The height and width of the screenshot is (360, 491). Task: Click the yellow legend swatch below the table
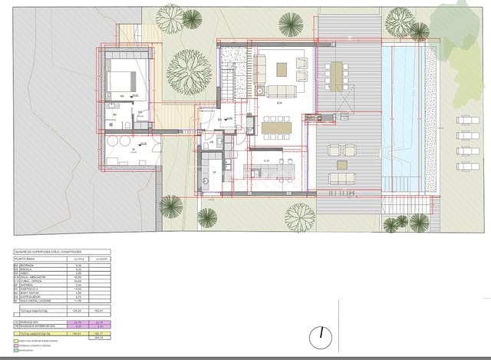pyautogui.click(x=15, y=339)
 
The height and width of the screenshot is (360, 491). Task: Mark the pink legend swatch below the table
pyautogui.click(x=15, y=345)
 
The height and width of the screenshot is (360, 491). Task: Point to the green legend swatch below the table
pyautogui.click(x=15, y=351)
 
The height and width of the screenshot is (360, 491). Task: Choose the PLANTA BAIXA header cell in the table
pyautogui.click(x=28, y=259)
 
